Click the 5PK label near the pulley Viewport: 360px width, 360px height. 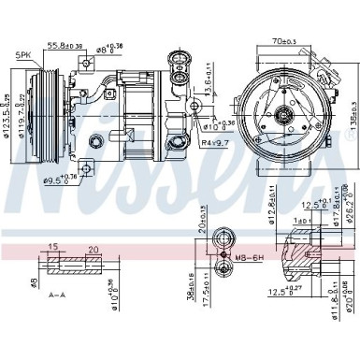pyautogui.click(x=21, y=55)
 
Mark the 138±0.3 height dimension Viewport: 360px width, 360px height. pyautogui.click(x=353, y=114)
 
